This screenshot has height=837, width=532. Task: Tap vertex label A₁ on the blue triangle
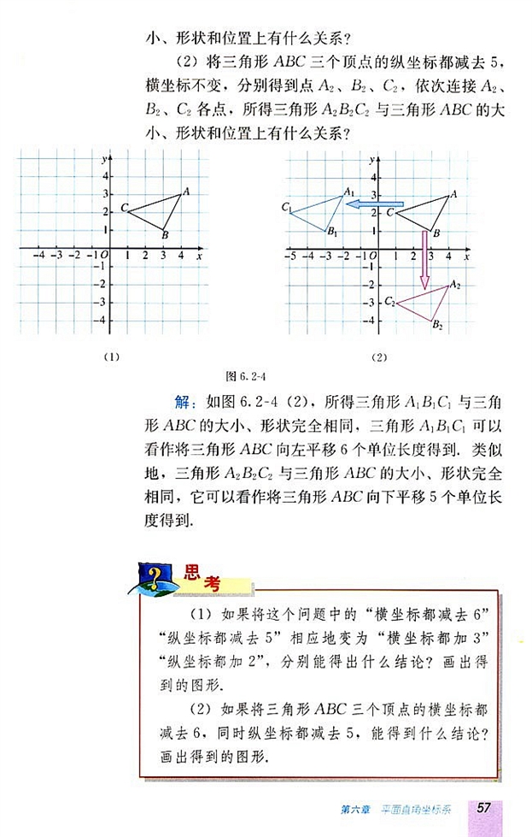(348, 192)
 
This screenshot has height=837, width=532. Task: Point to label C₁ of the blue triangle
(286, 208)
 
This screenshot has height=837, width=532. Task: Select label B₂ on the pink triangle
(437, 324)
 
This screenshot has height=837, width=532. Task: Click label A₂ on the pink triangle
(455, 284)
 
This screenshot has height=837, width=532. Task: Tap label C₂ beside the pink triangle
(389, 301)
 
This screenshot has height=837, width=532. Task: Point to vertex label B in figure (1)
(165, 236)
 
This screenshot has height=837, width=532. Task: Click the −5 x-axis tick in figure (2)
(289, 256)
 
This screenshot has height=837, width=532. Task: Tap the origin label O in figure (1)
(104, 255)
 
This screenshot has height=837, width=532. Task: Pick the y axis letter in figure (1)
(102, 160)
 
